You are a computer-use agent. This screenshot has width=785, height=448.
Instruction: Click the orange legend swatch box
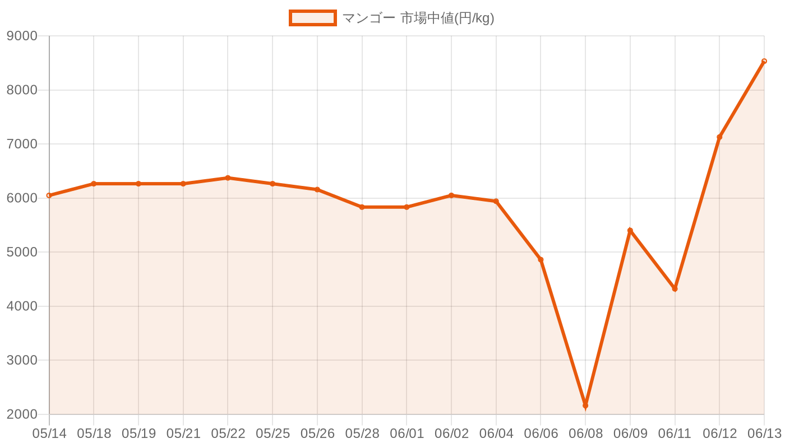click(x=313, y=18)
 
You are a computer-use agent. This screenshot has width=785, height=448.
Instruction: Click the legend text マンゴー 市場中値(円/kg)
click(x=418, y=18)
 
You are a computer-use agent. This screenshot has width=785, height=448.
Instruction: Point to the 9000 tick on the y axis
click(x=22, y=36)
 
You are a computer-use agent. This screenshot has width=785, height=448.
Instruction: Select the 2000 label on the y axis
click(x=22, y=414)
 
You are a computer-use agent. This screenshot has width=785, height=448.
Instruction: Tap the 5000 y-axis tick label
click(x=22, y=252)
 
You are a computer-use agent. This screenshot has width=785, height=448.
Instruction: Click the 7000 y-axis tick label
click(x=22, y=144)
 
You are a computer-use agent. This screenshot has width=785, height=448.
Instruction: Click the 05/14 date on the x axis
click(x=49, y=433)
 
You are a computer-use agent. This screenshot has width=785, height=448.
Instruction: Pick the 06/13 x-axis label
click(x=765, y=433)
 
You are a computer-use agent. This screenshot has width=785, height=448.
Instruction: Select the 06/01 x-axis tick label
click(x=407, y=433)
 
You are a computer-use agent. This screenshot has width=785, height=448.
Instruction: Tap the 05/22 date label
click(x=228, y=433)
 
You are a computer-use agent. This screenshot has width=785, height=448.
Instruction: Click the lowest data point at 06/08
click(x=585, y=405)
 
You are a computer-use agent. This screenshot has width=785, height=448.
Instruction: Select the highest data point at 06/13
click(x=764, y=61)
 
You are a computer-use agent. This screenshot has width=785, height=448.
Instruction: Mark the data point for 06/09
click(x=630, y=230)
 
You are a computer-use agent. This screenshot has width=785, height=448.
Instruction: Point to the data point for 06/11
click(x=675, y=289)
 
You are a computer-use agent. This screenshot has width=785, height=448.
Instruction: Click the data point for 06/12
click(x=719, y=137)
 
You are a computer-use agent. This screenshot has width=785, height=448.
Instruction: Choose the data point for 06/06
click(x=541, y=260)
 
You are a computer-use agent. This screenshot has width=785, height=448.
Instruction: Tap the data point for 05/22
click(x=228, y=178)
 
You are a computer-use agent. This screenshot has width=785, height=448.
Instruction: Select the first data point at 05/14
click(x=49, y=195)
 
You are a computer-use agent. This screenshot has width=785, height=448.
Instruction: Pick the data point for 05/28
click(x=362, y=207)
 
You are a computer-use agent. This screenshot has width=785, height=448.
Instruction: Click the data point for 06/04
click(x=496, y=201)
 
